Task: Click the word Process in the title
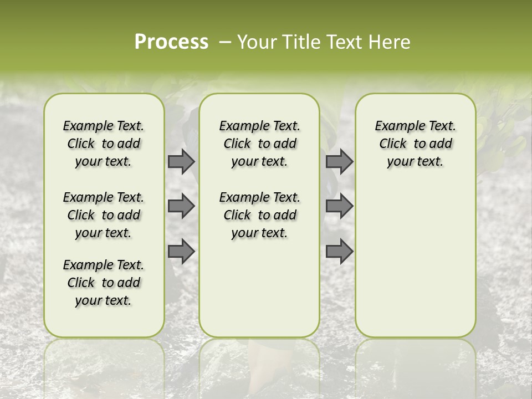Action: point(171,42)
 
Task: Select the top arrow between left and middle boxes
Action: point(181,161)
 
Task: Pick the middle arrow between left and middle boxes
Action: point(181,206)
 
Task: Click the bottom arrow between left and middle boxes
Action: point(181,251)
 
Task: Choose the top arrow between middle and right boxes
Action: point(339,161)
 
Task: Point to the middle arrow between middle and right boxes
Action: point(339,206)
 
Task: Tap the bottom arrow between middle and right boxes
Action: point(339,251)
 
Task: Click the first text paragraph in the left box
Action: point(104,144)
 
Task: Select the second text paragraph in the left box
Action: point(104,215)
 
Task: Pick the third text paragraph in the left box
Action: point(104,283)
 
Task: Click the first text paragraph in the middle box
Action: point(259,144)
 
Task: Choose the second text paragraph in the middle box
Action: point(259,215)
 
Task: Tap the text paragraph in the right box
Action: point(415,144)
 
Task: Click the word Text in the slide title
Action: point(344,42)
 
